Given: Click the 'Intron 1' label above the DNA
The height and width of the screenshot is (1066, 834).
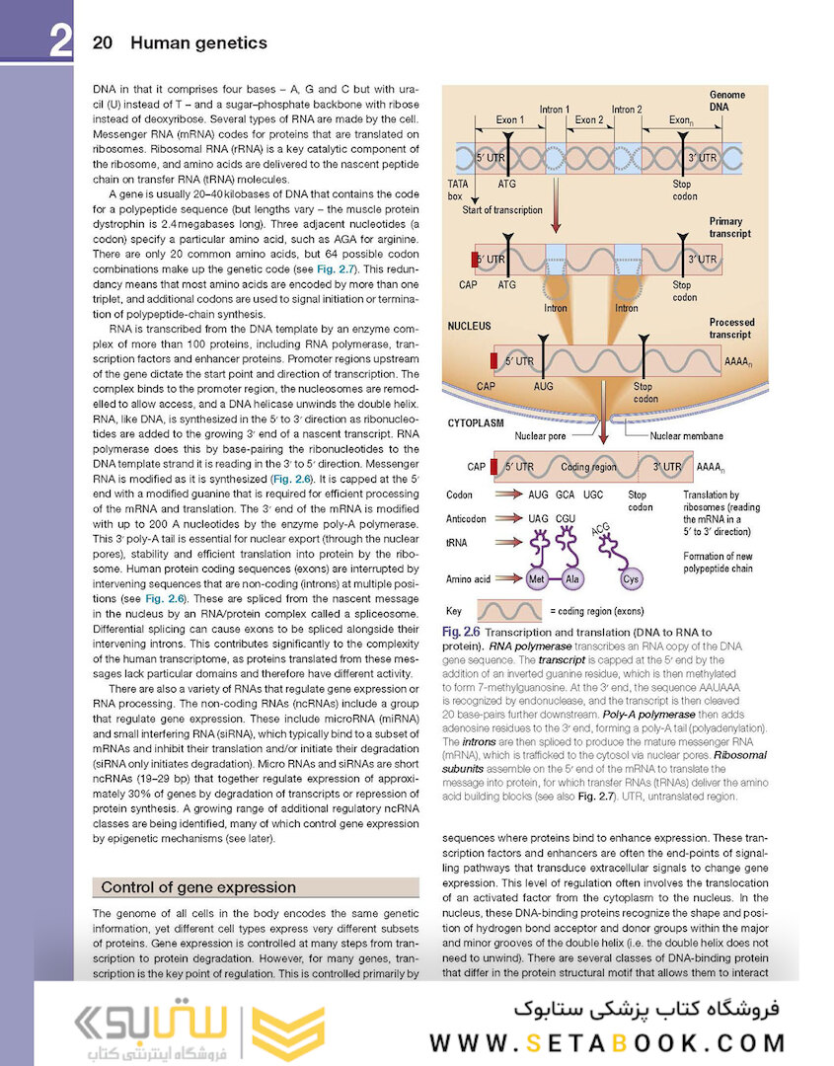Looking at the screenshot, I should (x=555, y=110).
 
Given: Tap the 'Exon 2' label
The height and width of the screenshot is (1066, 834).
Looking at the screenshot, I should (x=589, y=120).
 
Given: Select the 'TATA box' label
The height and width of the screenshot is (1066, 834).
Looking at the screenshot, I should (x=458, y=190).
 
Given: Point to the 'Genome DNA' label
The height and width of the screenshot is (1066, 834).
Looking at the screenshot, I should (x=727, y=100).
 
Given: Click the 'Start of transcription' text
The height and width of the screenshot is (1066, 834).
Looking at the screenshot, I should (x=502, y=210).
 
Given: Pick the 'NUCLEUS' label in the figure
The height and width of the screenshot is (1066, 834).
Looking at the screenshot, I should (x=470, y=325).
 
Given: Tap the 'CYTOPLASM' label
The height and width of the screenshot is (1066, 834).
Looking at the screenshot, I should (x=477, y=421).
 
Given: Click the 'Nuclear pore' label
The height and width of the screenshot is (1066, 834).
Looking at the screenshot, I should (x=540, y=435).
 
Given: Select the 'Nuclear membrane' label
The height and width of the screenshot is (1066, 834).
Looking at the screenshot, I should (x=686, y=435).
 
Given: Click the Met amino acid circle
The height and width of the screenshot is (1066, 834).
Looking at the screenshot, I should (x=538, y=579).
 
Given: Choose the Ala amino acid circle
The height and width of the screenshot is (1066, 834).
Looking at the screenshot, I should (x=573, y=579).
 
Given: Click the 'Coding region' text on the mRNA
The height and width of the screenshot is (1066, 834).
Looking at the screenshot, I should (x=588, y=467).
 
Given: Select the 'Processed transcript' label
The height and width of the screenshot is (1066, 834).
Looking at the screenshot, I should (x=731, y=329).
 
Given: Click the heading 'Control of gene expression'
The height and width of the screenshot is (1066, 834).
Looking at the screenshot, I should (x=198, y=887).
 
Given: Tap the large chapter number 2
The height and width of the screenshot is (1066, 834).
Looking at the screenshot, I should (x=59, y=43).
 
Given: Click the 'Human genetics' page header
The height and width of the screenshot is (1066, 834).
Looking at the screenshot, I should (x=198, y=43).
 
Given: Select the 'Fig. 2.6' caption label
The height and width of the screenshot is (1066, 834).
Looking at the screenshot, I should (x=461, y=632).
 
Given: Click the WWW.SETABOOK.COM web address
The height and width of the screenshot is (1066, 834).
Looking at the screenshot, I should (x=608, y=1042).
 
